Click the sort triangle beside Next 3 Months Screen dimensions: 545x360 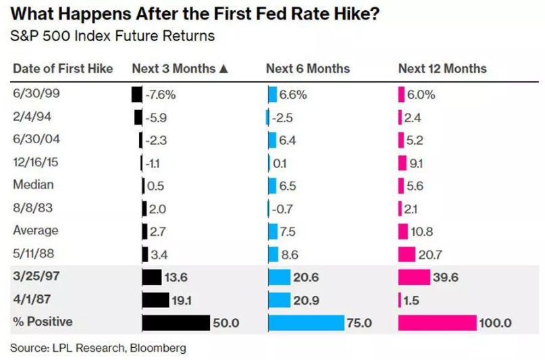pos(224,69)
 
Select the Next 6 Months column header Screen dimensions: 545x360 pos(308,68)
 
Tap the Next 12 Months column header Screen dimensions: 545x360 pos(442,68)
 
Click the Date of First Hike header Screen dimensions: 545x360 pos(63,68)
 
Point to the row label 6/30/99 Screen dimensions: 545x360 pos(36,93)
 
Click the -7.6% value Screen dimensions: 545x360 pos(160,95)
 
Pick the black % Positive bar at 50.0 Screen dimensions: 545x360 pos(176,323)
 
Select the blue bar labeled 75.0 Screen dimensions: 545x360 pos(306,323)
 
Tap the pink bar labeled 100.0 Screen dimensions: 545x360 pos(437,323)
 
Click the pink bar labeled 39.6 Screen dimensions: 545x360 pos(414,277)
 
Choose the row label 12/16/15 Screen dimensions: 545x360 pos(36,162)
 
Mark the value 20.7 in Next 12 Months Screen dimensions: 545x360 pos(430,255)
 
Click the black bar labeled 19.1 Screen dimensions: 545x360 pos(156,300)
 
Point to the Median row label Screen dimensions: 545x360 pos(33,184)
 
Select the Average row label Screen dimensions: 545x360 pos(36,230)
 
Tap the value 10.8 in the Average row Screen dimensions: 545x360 pos(422,232)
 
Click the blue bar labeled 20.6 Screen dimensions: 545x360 pos(280,277)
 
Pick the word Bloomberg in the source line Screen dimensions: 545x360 pos(158,349)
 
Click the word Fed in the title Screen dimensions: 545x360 pos(231,14)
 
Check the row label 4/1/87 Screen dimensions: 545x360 pos(32,299)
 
